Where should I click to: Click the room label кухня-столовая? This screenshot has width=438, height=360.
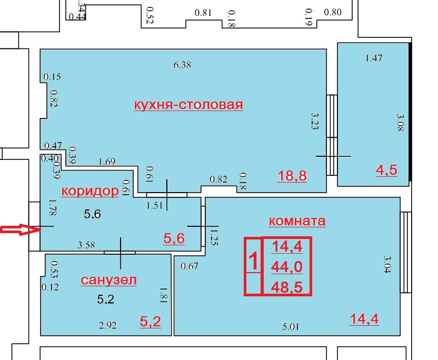pos(188,105)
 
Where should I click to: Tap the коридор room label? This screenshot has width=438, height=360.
pos(90,191)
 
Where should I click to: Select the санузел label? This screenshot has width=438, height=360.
pos(109,280)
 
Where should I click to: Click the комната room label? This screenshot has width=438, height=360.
pos(297,221)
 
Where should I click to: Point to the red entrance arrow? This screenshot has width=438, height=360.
pos(19,229)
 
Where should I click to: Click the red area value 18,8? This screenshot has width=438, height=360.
pos(292,176)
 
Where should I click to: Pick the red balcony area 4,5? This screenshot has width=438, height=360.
pos(385,170)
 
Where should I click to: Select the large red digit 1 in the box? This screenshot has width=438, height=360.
pos(253,261)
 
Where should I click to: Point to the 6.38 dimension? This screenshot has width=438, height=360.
pos(182,65)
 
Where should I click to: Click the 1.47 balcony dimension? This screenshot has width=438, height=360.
pos(373,58)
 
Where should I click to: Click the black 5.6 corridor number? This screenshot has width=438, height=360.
pos(93,214)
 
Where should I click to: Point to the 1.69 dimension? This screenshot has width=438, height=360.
pos(107,162)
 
